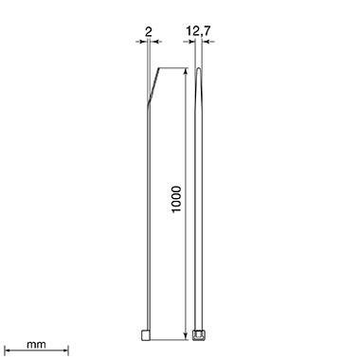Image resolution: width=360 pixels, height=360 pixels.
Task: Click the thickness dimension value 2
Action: click(x=149, y=31)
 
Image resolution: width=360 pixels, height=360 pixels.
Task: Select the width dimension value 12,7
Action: click(x=199, y=31)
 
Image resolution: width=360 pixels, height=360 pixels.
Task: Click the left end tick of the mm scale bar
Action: click(x=5, y=351)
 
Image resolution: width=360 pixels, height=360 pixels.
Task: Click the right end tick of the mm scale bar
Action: click(x=67, y=351)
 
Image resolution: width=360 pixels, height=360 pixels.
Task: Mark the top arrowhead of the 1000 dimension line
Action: click(x=184, y=72)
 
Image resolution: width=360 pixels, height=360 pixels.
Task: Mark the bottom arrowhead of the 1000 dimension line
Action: click(x=184, y=334)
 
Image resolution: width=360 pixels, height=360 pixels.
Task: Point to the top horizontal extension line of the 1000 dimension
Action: click(x=171, y=67)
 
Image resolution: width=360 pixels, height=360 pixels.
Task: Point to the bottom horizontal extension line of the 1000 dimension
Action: click(x=171, y=338)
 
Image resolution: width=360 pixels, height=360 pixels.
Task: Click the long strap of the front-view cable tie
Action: click(x=199, y=208)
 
